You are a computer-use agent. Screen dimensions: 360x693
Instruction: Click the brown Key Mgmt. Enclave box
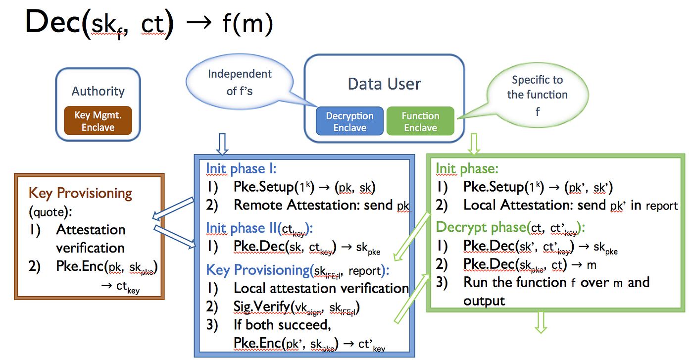[x=98, y=121]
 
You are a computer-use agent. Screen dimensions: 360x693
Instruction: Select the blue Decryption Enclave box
[x=349, y=121]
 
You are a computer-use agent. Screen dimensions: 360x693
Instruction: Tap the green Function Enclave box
[x=420, y=121]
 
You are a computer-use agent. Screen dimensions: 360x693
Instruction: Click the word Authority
[x=98, y=91]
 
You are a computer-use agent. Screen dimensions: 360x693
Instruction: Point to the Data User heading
[x=384, y=83]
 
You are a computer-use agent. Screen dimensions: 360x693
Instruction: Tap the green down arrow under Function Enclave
[x=474, y=144]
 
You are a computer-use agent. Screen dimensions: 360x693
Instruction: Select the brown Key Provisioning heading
[x=80, y=193]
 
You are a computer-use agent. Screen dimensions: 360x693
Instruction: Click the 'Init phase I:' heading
[x=241, y=168]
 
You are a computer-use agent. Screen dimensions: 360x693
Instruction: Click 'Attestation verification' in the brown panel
[x=90, y=239]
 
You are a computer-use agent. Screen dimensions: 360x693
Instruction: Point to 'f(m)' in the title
[x=247, y=23]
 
